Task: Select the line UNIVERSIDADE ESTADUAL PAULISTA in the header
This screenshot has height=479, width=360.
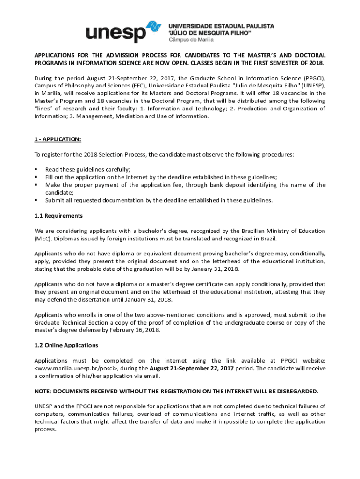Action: [x=221, y=26]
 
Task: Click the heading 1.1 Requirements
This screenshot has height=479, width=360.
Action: [x=58, y=216]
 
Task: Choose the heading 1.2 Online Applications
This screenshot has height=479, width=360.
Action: [x=66, y=345]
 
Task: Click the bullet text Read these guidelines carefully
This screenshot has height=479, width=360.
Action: [x=87, y=169]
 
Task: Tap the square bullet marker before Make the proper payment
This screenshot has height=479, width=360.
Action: [x=36, y=185]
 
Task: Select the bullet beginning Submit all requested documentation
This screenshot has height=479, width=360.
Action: [x=158, y=200]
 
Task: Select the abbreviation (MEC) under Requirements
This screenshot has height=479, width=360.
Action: [x=43, y=239]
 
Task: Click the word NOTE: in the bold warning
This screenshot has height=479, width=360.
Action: [x=44, y=391]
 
